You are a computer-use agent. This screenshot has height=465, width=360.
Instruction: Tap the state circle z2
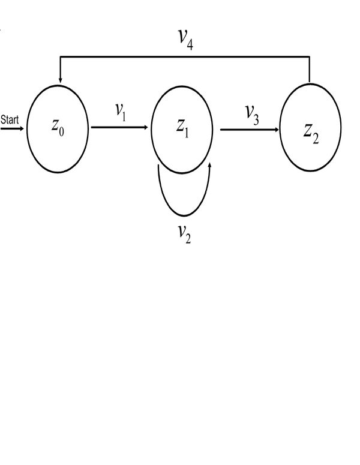click(x=311, y=128)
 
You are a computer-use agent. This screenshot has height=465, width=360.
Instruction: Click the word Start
click(x=10, y=119)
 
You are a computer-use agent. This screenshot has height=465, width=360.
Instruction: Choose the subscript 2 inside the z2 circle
click(x=316, y=137)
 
